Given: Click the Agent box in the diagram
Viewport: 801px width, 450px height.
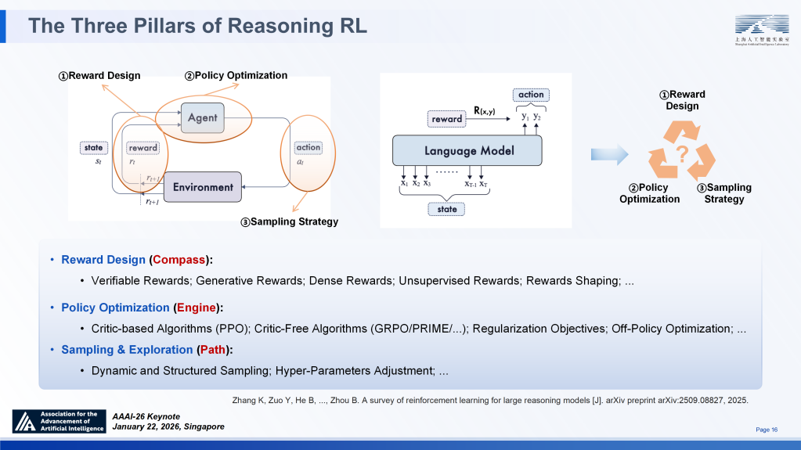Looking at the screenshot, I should pos(203,118).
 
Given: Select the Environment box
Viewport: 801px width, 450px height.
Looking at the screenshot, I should pos(203,187).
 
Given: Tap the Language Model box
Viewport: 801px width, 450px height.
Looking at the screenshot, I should pos(468,150).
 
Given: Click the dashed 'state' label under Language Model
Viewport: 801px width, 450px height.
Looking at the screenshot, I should pos(447,209).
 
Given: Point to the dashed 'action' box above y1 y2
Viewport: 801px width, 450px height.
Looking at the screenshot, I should pos(531,95).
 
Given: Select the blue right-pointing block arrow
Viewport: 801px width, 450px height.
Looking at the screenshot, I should pos(610,154).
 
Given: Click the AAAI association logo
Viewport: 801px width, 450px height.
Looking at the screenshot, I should pos(59,422).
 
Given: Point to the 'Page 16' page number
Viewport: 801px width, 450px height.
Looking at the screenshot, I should pos(767,430).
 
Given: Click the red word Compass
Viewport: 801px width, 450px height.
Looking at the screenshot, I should pos(180,260).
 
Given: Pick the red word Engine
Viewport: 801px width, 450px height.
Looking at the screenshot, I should pos(196,308).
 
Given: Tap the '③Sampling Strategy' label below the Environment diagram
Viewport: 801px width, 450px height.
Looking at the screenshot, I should pos(289,222).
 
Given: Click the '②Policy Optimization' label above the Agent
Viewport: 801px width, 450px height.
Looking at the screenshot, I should pos(236,76).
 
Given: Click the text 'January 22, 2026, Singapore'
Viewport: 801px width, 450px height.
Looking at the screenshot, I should pos(168,427).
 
